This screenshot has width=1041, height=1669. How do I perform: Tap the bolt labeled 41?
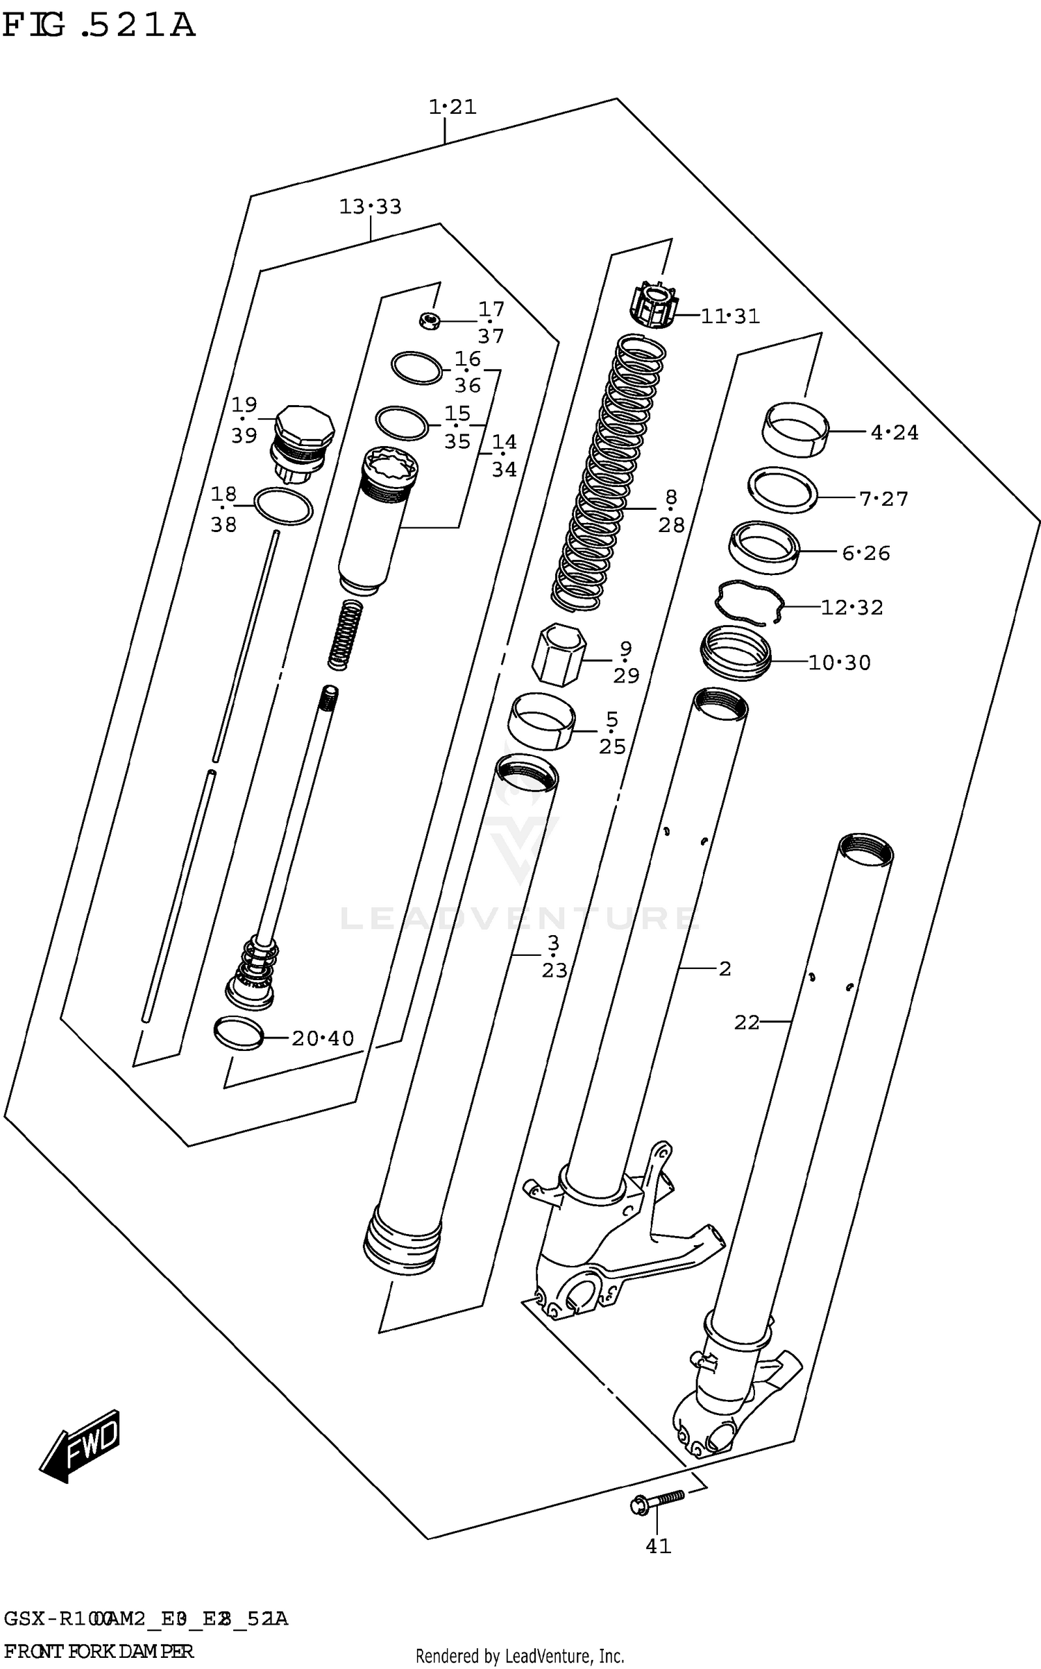[x=656, y=1502]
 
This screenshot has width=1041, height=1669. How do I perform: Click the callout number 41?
[x=658, y=1546]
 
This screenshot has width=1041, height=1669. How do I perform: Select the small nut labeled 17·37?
[x=430, y=320]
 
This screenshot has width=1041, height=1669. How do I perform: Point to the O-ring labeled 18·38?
[x=283, y=506]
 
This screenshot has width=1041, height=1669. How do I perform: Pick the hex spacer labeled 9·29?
[x=559, y=653]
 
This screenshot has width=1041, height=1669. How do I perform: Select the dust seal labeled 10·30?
[x=736, y=652]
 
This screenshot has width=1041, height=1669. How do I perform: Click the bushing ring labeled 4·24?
[x=796, y=427]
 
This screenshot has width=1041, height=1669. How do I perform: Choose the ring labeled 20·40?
[x=239, y=1034]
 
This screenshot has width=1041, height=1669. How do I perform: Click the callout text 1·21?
[x=452, y=107]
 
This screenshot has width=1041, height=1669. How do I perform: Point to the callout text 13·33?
[x=370, y=207]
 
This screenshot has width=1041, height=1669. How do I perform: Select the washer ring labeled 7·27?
[x=782, y=489]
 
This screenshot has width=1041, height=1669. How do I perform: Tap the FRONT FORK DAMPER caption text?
[x=99, y=1652]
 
